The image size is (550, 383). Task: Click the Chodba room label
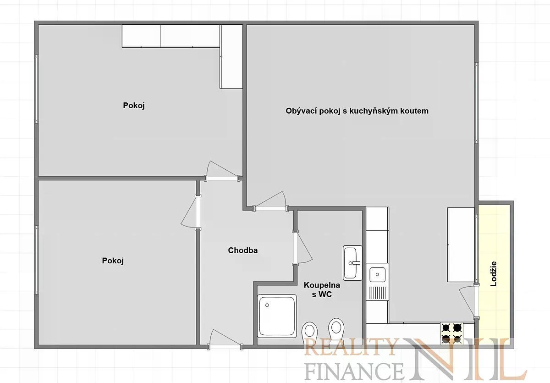(x=242, y=250)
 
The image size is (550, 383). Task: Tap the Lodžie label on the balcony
(x=494, y=274)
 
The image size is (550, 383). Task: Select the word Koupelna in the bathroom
(x=322, y=285)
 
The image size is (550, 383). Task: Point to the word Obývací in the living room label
(x=301, y=111)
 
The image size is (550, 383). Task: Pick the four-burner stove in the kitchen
(x=451, y=333)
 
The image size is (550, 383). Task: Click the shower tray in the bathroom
(x=277, y=316)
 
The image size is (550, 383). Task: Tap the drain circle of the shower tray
(x=267, y=305)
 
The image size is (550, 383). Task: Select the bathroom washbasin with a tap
(x=352, y=263)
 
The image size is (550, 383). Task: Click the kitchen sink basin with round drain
(x=377, y=274)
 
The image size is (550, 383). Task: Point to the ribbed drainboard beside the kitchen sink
(x=377, y=292)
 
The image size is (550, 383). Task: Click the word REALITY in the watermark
(x=350, y=347)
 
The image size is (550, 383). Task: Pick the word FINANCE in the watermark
(x=354, y=371)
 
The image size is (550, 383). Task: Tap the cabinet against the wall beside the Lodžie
(x=461, y=244)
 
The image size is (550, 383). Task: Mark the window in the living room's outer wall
(x=476, y=103)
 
